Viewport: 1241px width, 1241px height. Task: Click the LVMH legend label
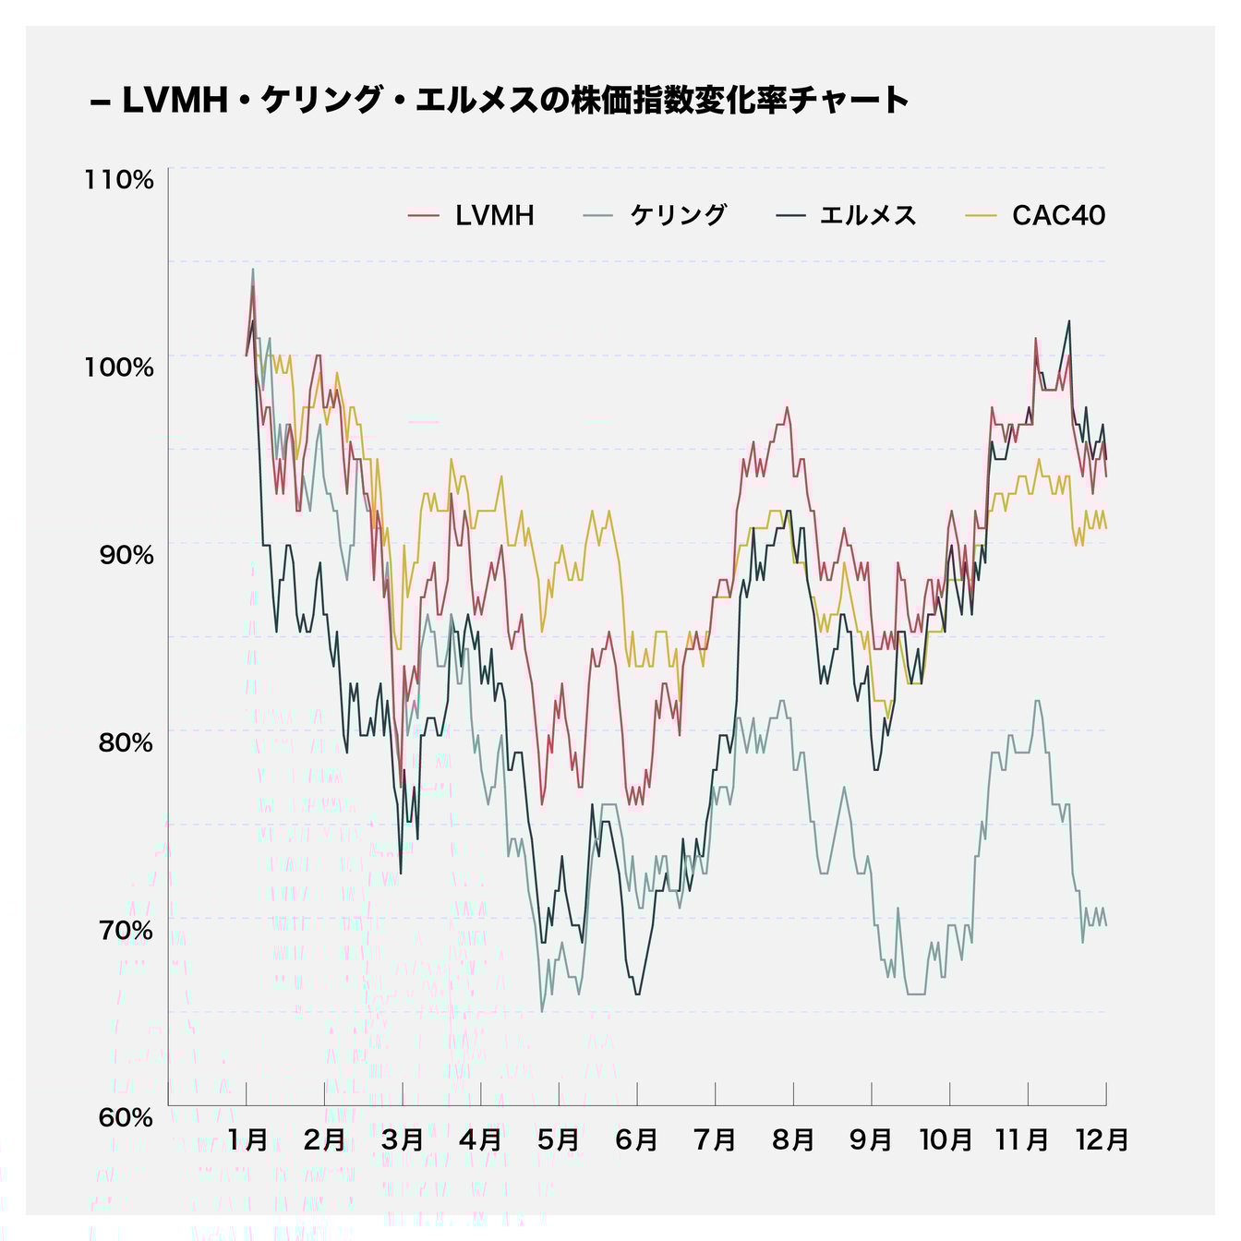(494, 216)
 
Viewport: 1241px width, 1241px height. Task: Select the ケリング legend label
(679, 216)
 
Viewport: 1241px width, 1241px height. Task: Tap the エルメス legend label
(868, 216)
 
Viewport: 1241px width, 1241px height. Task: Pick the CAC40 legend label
(1058, 216)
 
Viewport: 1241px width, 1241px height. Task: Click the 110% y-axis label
(119, 180)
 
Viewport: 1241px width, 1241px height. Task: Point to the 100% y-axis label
(119, 367)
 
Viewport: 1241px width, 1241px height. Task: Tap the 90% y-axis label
(125, 555)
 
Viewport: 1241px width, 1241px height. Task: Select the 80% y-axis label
(125, 742)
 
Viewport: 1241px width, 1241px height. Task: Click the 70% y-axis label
(125, 930)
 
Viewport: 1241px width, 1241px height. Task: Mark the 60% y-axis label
(125, 1117)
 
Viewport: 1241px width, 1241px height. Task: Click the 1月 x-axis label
(247, 1140)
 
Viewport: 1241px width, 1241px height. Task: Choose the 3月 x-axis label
(403, 1140)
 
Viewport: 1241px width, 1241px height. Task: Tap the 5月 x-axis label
(559, 1140)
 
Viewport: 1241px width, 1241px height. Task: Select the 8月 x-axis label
(793, 1140)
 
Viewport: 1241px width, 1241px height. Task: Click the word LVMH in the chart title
(175, 101)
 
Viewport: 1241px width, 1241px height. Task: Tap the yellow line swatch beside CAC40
(981, 216)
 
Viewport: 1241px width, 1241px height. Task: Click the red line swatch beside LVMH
(424, 216)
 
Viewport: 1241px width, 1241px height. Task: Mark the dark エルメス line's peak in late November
(1069, 321)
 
